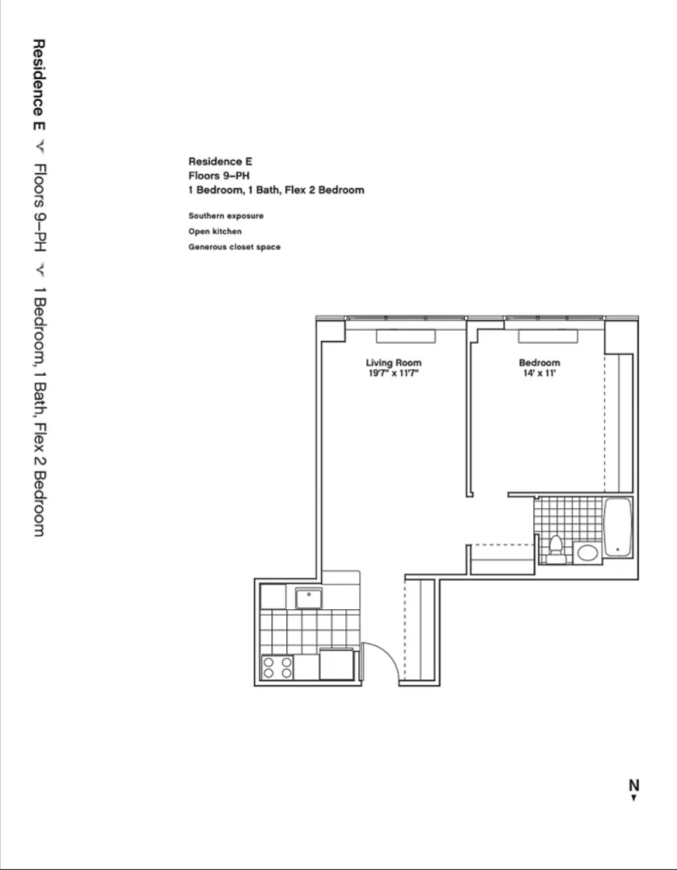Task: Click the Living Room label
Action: pos(393,363)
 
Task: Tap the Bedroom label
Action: pos(539,363)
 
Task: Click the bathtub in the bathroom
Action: pos(617,527)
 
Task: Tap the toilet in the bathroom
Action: pos(555,547)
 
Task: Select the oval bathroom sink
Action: pos(587,552)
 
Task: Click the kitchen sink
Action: pos(309,599)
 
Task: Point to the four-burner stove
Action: pos(278,667)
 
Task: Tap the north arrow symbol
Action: pos(633,796)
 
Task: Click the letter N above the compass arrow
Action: pos(633,784)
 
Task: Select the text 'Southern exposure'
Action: pos(225,216)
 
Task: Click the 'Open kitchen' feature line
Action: pos(215,231)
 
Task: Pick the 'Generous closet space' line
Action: pos(234,247)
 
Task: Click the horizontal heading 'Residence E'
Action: pos(220,161)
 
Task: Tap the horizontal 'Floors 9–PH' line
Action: pos(219,175)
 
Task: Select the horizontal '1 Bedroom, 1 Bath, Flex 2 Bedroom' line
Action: pos(276,190)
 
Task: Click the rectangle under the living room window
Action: pos(406,337)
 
